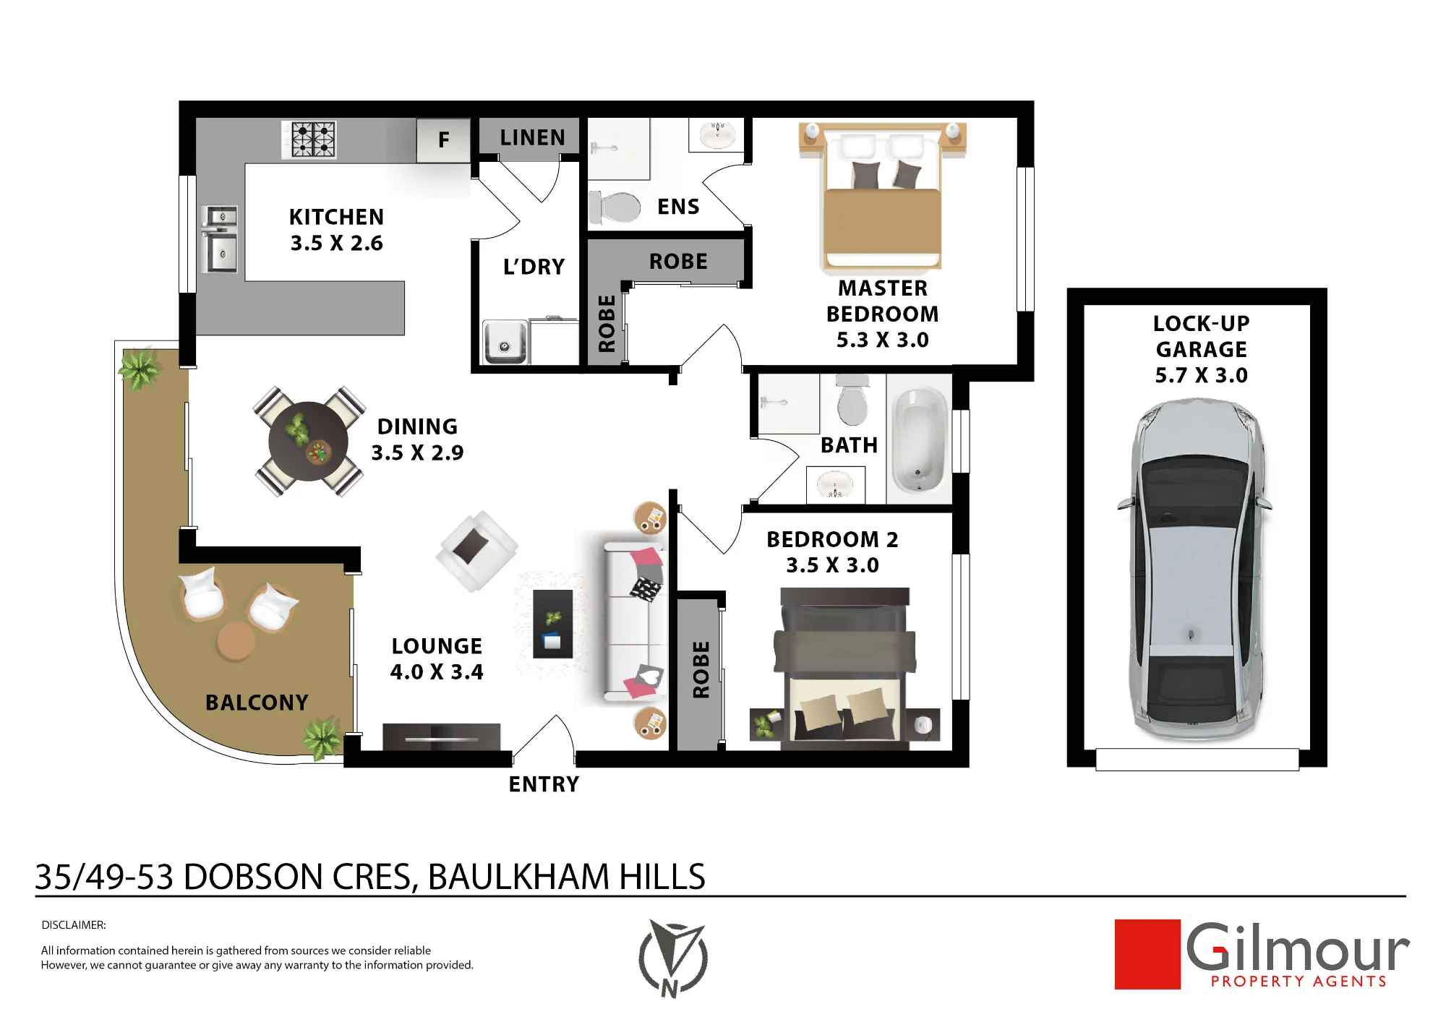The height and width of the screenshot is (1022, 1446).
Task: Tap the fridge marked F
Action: (x=443, y=139)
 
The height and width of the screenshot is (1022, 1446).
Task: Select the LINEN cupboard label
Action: (x=532, y=137)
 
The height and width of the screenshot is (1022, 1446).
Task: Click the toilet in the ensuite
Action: (x=615, y=207)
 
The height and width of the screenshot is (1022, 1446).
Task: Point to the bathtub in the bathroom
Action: (x=920, y=440)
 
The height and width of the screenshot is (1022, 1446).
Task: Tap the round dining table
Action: (x=308, y=442)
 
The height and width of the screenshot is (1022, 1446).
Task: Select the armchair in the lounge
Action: (x=476, y=551)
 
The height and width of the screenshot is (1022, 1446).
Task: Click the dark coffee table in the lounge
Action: (x=553, y=624)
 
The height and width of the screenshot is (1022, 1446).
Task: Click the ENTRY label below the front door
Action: (x=544, y=784)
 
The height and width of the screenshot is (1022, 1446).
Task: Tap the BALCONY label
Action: (x=257, y=703)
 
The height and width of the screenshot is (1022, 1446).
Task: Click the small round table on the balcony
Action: (x=236, y=641)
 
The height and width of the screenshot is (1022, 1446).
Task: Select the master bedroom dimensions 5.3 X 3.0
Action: (x=882, y=340)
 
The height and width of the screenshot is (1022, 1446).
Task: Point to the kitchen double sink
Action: (x=221, y=239)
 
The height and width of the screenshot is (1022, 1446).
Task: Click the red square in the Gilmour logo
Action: (x=1147, y=954)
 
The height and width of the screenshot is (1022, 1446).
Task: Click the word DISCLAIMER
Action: (x=74, y=925)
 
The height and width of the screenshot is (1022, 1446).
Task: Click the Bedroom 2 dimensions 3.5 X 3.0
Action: (x=832, y=565)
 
